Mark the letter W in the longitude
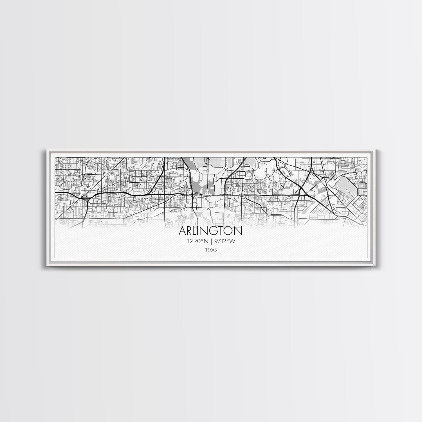[x=233, y=241]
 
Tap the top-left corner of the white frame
[x=46, y=151]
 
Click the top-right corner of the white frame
[x=376, y=151]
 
